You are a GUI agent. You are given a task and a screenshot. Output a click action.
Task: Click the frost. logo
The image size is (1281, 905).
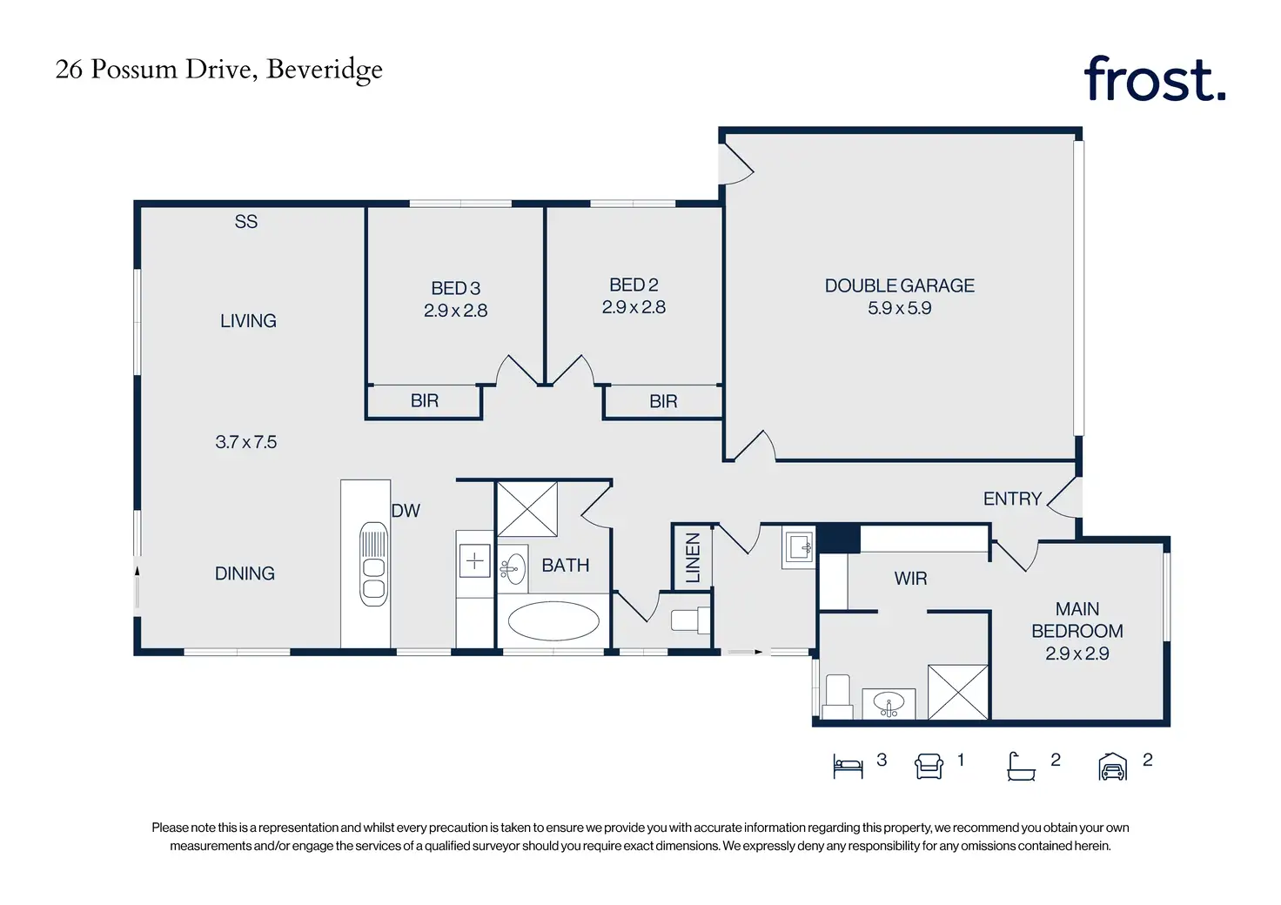[x=1154, y=78]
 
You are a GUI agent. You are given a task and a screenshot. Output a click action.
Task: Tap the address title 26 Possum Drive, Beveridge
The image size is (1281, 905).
[x=218, y=70]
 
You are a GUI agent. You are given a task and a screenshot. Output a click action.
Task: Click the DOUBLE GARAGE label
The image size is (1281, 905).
[x=899, y=285]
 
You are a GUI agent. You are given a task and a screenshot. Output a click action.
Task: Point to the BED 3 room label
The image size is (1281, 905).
[x=455, y=288]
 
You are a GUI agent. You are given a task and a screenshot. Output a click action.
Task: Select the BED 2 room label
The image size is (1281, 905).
[x=634, y=285]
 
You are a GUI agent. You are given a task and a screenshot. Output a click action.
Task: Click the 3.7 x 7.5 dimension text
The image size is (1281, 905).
[x=246, y=442]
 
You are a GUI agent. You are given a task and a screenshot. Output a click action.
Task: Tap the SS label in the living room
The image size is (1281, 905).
[x=246, y=222]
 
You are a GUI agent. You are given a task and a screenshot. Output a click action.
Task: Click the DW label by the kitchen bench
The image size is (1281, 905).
[x=406, y=511]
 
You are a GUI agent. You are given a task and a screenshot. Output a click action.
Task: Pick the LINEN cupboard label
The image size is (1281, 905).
[x=693, y=558]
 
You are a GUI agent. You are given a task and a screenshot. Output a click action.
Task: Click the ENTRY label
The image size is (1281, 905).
[x=1012, y=499]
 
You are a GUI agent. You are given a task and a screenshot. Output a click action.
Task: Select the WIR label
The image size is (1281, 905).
[x=910, y=579]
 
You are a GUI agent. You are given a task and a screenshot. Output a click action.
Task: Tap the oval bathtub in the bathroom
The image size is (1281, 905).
[x=553, y=620]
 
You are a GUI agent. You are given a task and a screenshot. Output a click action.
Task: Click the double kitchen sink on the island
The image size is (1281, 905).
[x=373, y=564]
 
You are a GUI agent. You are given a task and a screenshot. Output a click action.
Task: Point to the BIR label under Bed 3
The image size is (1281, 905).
[x=425, y=401]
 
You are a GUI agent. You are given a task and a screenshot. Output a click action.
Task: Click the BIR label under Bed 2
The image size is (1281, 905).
[x=663, y=401]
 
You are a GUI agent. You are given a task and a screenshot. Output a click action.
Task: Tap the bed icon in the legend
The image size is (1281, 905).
[x=848, y=766]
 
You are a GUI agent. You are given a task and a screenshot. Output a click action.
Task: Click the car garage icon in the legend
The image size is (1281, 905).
[x=1112, y=767]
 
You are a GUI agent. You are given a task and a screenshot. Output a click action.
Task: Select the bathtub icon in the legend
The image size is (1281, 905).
[x=1021, y=767]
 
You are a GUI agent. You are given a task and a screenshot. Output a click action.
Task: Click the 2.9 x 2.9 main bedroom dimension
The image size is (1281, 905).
[x=1076, y=654]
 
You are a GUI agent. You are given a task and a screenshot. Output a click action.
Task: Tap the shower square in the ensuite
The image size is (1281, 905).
[x=958, y=692]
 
